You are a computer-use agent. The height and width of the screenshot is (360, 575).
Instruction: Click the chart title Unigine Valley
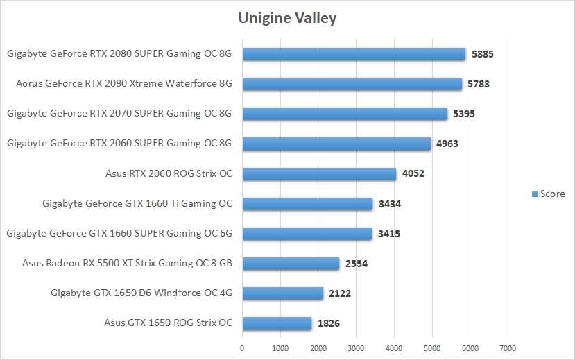[x=287, y=18]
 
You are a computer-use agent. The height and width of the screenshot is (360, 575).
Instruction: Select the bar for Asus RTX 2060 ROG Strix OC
[x=319, y=174]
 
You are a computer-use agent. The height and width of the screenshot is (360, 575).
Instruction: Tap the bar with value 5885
[x=354, y=54]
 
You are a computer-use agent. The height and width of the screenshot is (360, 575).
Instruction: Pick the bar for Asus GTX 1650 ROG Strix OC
[x=277, y=323]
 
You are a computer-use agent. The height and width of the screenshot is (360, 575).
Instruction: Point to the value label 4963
[x=447, y=144]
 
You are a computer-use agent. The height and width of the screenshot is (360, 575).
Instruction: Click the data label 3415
[x=388, y=234]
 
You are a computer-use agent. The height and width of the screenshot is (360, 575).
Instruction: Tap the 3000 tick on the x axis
[x=356, y=347]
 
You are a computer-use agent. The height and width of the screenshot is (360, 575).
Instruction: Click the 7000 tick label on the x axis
[x=508, y=347]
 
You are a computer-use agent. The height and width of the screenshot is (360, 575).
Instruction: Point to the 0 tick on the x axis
[x=242, y=347]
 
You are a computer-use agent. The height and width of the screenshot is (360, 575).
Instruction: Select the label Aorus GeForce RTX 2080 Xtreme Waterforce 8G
[x=123, y=84]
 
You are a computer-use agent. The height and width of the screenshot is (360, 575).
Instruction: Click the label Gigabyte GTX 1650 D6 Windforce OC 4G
[x=141, y=293]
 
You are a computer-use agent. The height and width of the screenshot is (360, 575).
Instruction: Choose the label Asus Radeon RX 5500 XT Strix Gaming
[x=127, y=264]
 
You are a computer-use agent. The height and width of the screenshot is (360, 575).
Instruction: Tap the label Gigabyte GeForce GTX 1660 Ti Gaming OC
[x=137, y=204]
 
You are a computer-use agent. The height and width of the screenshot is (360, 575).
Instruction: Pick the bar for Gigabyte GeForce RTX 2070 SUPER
[x=345, y=114]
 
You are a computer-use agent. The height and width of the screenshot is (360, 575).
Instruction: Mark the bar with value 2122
[x=282, y=293]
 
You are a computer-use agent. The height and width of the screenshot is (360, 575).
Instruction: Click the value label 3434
[x=390, y=204]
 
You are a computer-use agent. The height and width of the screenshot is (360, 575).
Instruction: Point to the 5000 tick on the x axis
[x=431, y=347]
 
